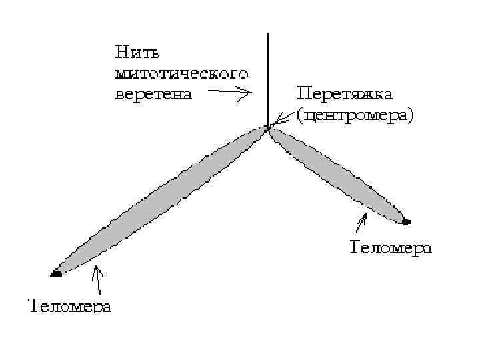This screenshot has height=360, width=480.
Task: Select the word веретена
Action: point(154,93)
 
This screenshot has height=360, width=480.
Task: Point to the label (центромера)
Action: point(355,115)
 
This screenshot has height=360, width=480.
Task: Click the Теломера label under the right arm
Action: point(391,249)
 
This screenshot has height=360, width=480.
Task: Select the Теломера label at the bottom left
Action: point(70,306)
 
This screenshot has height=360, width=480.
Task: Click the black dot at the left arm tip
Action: point(56,273)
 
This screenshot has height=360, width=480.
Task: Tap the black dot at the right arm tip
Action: point(405,221)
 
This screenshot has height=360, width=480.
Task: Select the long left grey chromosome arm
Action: point(160,200)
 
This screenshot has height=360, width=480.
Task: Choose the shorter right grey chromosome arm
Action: point(337,175)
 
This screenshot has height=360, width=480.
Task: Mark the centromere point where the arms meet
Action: point(268,128)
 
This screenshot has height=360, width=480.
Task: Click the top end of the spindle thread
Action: point(267,33)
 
